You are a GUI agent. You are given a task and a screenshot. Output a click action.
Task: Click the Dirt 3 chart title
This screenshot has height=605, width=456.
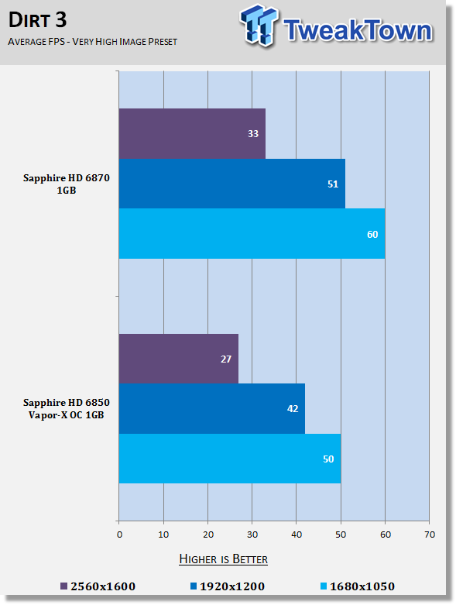37,20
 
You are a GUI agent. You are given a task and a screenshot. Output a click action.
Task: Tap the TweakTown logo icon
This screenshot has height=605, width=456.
259,25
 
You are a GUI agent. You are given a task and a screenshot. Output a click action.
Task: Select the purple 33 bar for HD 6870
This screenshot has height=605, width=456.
192,133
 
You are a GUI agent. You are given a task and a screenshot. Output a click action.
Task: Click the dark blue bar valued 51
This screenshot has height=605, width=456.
232,184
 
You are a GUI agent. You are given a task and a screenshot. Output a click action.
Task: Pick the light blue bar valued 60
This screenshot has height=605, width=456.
252,234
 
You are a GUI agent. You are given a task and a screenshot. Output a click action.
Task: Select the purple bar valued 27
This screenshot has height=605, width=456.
179,359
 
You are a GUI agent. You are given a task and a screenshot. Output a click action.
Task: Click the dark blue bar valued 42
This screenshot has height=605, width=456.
212,408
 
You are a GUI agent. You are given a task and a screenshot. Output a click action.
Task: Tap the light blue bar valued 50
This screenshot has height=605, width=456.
230,459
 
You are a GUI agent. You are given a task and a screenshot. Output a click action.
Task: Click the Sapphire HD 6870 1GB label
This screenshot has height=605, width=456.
67,184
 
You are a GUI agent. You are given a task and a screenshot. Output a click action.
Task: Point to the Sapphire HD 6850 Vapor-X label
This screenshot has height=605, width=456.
67,408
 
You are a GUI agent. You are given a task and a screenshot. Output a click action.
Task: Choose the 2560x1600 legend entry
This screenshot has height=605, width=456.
98,586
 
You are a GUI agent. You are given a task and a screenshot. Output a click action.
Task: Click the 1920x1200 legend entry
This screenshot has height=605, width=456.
228,586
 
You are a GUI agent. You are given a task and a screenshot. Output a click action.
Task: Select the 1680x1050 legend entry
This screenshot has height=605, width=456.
358,586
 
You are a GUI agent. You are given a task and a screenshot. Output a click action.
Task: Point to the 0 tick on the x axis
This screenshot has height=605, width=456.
119,535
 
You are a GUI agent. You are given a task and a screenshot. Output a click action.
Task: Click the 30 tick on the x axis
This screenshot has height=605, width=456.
252,535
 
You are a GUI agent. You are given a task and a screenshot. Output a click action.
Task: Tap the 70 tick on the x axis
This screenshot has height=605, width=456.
430,535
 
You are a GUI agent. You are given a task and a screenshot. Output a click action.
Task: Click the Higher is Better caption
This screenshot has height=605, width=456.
223,559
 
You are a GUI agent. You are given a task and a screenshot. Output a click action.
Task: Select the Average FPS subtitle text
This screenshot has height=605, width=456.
92,42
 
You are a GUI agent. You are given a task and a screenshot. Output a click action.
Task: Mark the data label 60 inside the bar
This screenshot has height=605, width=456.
372,234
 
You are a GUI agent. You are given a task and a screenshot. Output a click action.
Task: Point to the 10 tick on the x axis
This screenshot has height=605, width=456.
163,535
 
